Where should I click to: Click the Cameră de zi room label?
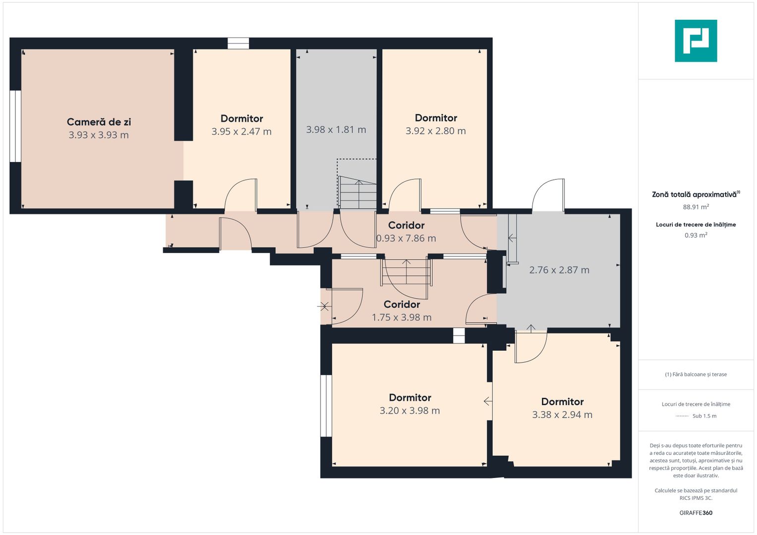coord(99,121)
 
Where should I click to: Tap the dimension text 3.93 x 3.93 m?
coord(99,135)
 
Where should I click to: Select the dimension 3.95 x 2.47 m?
coord(241,131)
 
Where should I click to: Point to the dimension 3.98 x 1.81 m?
coord(336,130)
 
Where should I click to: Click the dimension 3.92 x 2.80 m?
coord(436,131)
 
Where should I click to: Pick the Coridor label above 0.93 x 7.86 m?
coord(406,225)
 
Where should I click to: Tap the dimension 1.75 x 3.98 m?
coord(402,318)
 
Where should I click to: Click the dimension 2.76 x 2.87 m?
coord(559,270)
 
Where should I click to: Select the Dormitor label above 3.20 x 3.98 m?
coord(410,397)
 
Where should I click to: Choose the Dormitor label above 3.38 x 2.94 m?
coord(562,402)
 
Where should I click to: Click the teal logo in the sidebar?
coord(696,41)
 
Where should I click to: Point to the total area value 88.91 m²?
coord(696,207)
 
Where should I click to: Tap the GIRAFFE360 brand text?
coord(696,513)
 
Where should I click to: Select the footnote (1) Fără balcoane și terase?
coord(696,374)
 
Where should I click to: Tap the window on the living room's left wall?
coord(15,126)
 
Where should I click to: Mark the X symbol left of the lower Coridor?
coord(324,306)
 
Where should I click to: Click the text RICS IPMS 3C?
coord(696,498)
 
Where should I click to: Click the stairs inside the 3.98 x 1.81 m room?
coord(357,193)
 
